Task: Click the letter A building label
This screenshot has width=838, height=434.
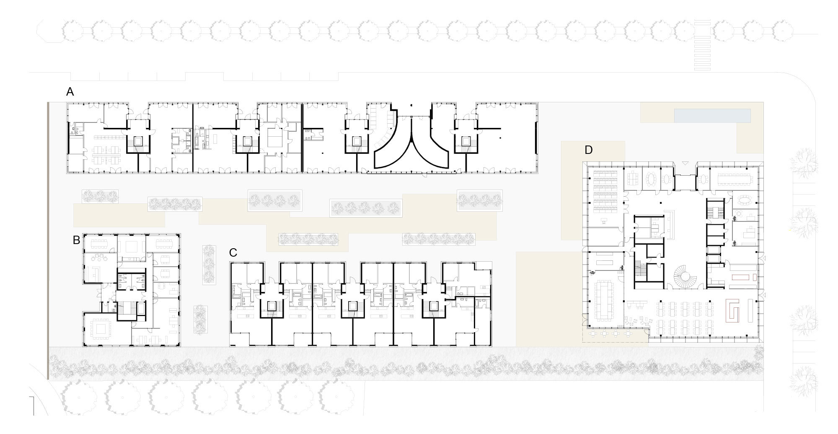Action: (70, 91)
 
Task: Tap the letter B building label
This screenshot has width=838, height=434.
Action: (76, 240)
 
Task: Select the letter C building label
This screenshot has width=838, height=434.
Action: (233, 252)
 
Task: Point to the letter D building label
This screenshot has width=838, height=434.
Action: (588, 150)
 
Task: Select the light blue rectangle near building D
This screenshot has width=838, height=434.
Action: (712, 116)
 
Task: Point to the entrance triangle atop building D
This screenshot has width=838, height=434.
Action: (685, 163)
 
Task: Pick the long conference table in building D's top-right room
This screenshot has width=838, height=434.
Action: (738, 179)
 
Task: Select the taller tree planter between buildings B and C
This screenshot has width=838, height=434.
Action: (209, 265)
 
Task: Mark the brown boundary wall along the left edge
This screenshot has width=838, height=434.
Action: (48, 241)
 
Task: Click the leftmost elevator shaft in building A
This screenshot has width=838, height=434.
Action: (138, 142)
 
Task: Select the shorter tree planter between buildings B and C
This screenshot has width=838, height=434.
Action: (200, 319)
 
